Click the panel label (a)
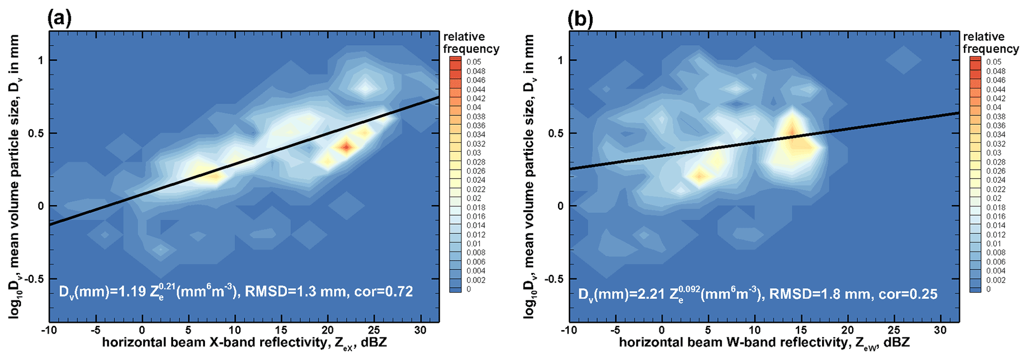[x=59, y=19]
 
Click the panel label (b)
[x=579, y=19]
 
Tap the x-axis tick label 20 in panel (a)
[x=328, y=330]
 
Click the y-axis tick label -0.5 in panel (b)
[x=554, y=279]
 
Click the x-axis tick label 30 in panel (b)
[x=940, y=330]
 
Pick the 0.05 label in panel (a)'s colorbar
[x=473, y=62]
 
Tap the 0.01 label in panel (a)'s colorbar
[x=473, y=244]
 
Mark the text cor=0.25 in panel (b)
[x=908, y=294]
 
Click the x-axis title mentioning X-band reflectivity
[x=244, y=344]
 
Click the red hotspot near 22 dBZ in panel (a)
[x=346, y=147]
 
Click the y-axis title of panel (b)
[x=529, y=177]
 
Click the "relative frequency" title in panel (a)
[x=470, y=43]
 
